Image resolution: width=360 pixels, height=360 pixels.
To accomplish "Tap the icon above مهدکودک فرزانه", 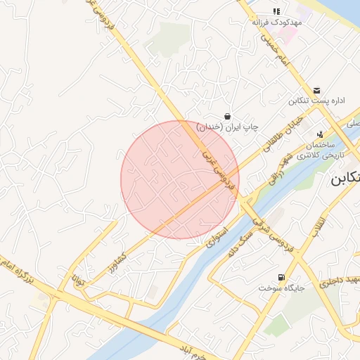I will coord(276,11).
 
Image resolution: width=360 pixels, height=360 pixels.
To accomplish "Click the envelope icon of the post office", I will coord(317,91).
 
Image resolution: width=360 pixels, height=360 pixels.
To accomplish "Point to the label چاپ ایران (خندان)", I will coord(228,127).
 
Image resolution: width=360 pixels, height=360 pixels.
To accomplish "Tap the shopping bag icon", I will coord(228,115).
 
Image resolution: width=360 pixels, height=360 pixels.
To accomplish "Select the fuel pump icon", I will coord(282,277).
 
